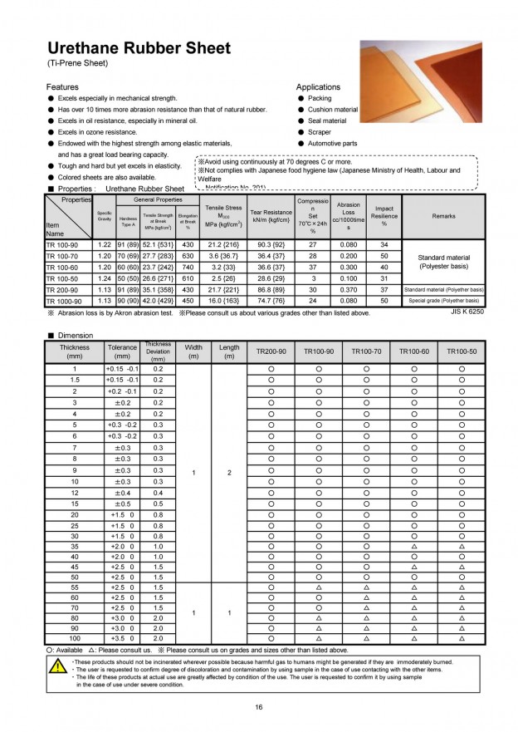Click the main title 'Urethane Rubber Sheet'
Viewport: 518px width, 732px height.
click(x=139, y=48)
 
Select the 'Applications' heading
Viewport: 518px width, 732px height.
click(x=318, y=86)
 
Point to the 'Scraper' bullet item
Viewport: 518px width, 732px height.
click(x=319, y=132)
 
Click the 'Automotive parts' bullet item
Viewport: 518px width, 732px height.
click(x=332, y=143)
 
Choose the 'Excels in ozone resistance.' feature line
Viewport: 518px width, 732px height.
click(x=97, y=132)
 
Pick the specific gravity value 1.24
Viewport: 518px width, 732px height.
click(x=105, y=278)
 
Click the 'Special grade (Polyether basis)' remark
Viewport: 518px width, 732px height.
click(x=443, y=301)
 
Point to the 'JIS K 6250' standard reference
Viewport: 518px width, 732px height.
click(x=467, y=312)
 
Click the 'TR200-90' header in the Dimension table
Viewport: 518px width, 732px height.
click(x=271, y=351)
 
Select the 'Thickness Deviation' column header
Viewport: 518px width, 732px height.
click(x=158, y=351)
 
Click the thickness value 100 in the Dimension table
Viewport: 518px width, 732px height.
click(x=74, y=637)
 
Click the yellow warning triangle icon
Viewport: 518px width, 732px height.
click(x=57, y=666)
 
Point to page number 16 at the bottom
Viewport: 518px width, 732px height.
click(x=259, y=707)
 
